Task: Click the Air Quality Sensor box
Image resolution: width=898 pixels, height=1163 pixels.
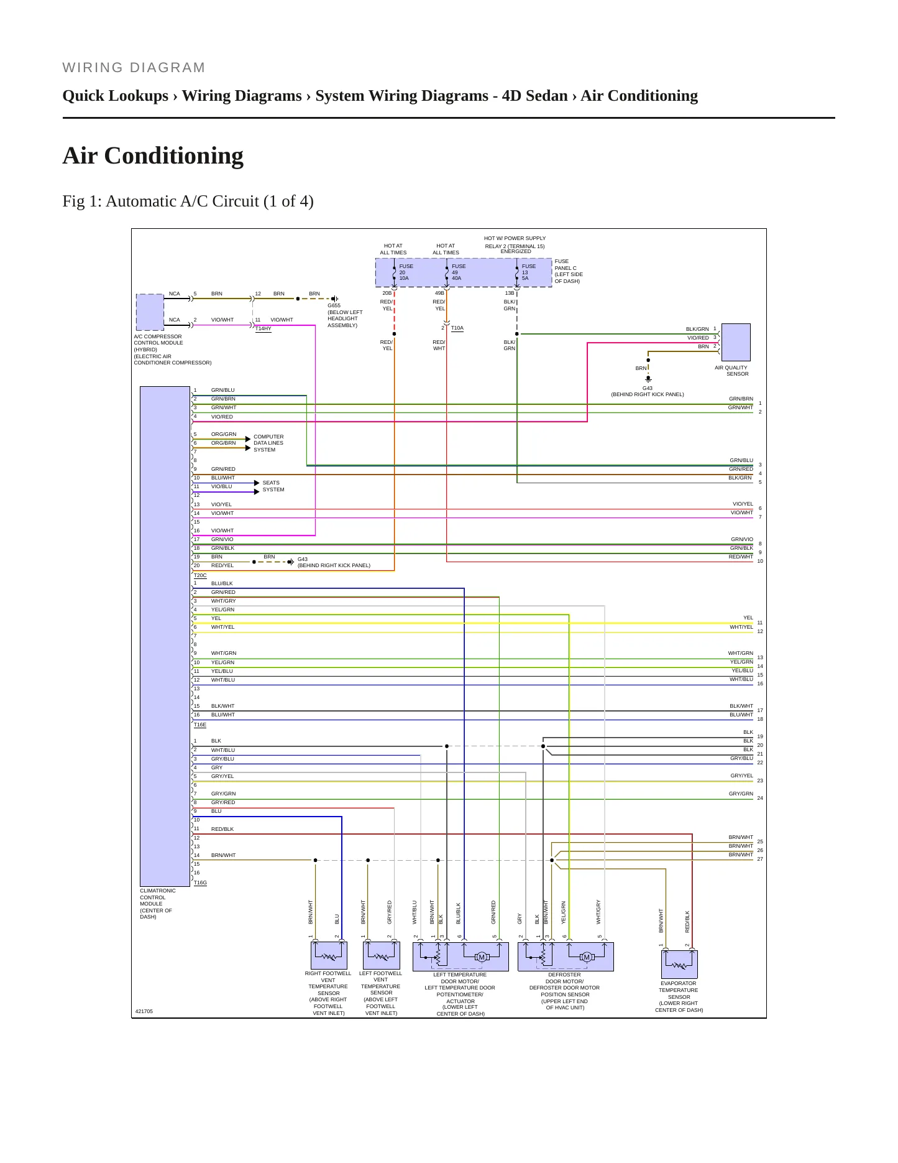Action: coord(735,342)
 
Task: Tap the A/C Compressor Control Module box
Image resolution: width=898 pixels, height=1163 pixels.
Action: coord(150,312)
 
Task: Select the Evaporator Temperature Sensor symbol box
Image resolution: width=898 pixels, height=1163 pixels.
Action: coord(679,965)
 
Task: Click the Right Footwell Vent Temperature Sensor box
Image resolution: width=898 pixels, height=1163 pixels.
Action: coord(329,956)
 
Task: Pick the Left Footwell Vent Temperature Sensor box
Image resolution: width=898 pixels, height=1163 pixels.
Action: coord(381,956)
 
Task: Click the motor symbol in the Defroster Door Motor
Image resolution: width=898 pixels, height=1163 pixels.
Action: coord(586,957)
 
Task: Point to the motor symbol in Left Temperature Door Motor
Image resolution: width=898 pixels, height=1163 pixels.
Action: coord(481,957)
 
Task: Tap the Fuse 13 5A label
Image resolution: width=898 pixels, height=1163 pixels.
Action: coord(529,272)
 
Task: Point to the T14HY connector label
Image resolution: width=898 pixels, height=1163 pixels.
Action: coord(263,329)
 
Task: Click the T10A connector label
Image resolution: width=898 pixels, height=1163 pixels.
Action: coord(457,328)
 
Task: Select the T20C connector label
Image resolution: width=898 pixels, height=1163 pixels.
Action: coord(200,576)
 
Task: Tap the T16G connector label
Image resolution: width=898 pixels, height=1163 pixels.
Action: coord(200,883)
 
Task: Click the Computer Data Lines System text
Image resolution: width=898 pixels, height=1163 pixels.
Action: coord(268,443)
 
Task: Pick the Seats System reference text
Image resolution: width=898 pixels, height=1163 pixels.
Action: coord(273,486)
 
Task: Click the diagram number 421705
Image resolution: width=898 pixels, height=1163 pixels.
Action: coord(144,1011)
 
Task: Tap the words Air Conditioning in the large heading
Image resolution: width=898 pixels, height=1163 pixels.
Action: coord(153,155)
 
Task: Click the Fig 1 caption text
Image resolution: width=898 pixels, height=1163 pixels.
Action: coord(188,202)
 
